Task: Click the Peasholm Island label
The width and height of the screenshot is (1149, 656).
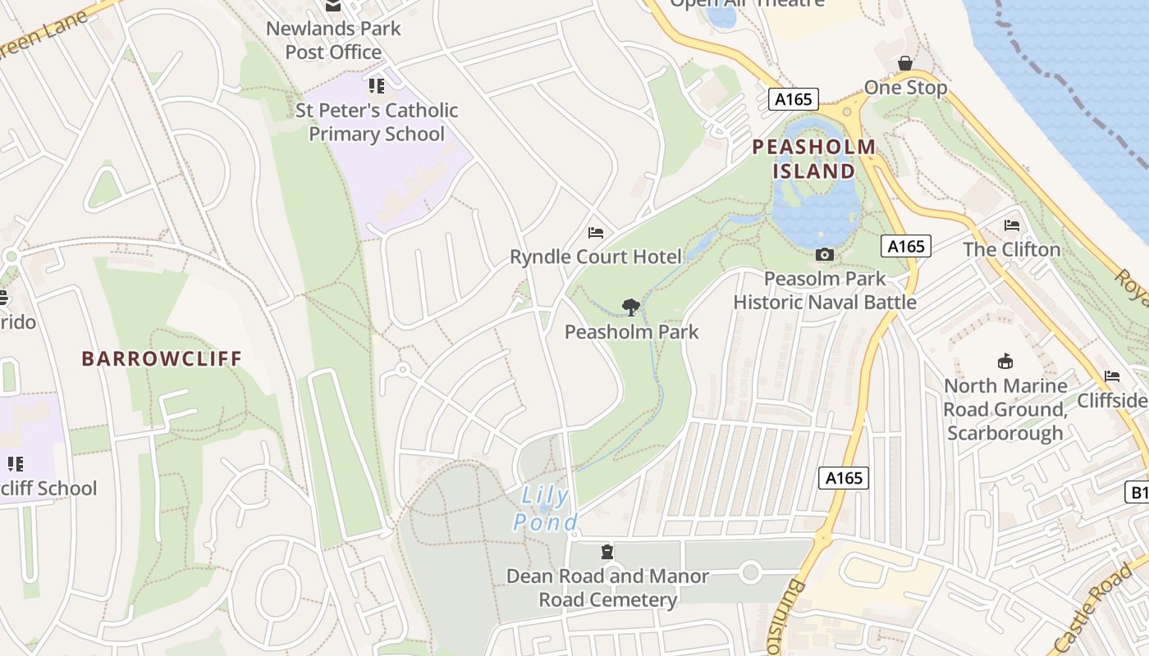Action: (814, 159)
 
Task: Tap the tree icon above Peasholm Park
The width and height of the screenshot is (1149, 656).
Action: (630, 307)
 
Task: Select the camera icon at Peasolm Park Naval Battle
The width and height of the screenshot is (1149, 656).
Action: (825, 255)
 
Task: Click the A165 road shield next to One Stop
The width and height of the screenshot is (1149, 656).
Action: (794, 100)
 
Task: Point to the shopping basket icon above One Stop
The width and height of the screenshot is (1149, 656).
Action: (904, 63)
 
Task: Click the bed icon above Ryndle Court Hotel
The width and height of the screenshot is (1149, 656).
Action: (596, 233)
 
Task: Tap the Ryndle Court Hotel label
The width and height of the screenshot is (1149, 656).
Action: (595, 257)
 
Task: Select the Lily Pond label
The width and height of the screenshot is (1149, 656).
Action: (546, 508)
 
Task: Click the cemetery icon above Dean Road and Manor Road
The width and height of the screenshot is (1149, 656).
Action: (607, 551)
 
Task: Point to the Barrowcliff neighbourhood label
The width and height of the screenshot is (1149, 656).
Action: (162, 358)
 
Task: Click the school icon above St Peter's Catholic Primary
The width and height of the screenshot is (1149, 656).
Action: (376, 86)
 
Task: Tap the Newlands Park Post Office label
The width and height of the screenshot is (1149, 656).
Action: (333, 40)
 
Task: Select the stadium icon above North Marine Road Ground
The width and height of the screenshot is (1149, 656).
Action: (1005, 361)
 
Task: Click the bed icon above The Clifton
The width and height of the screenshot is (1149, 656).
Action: (1011, 225)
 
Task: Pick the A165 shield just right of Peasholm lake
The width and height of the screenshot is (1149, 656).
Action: (906, 246)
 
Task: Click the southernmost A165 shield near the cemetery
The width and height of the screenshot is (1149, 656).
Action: (844, 477)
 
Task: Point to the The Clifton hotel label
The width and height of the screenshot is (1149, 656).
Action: (1011, 249)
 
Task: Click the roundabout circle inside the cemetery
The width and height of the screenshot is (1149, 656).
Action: (750, 572)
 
